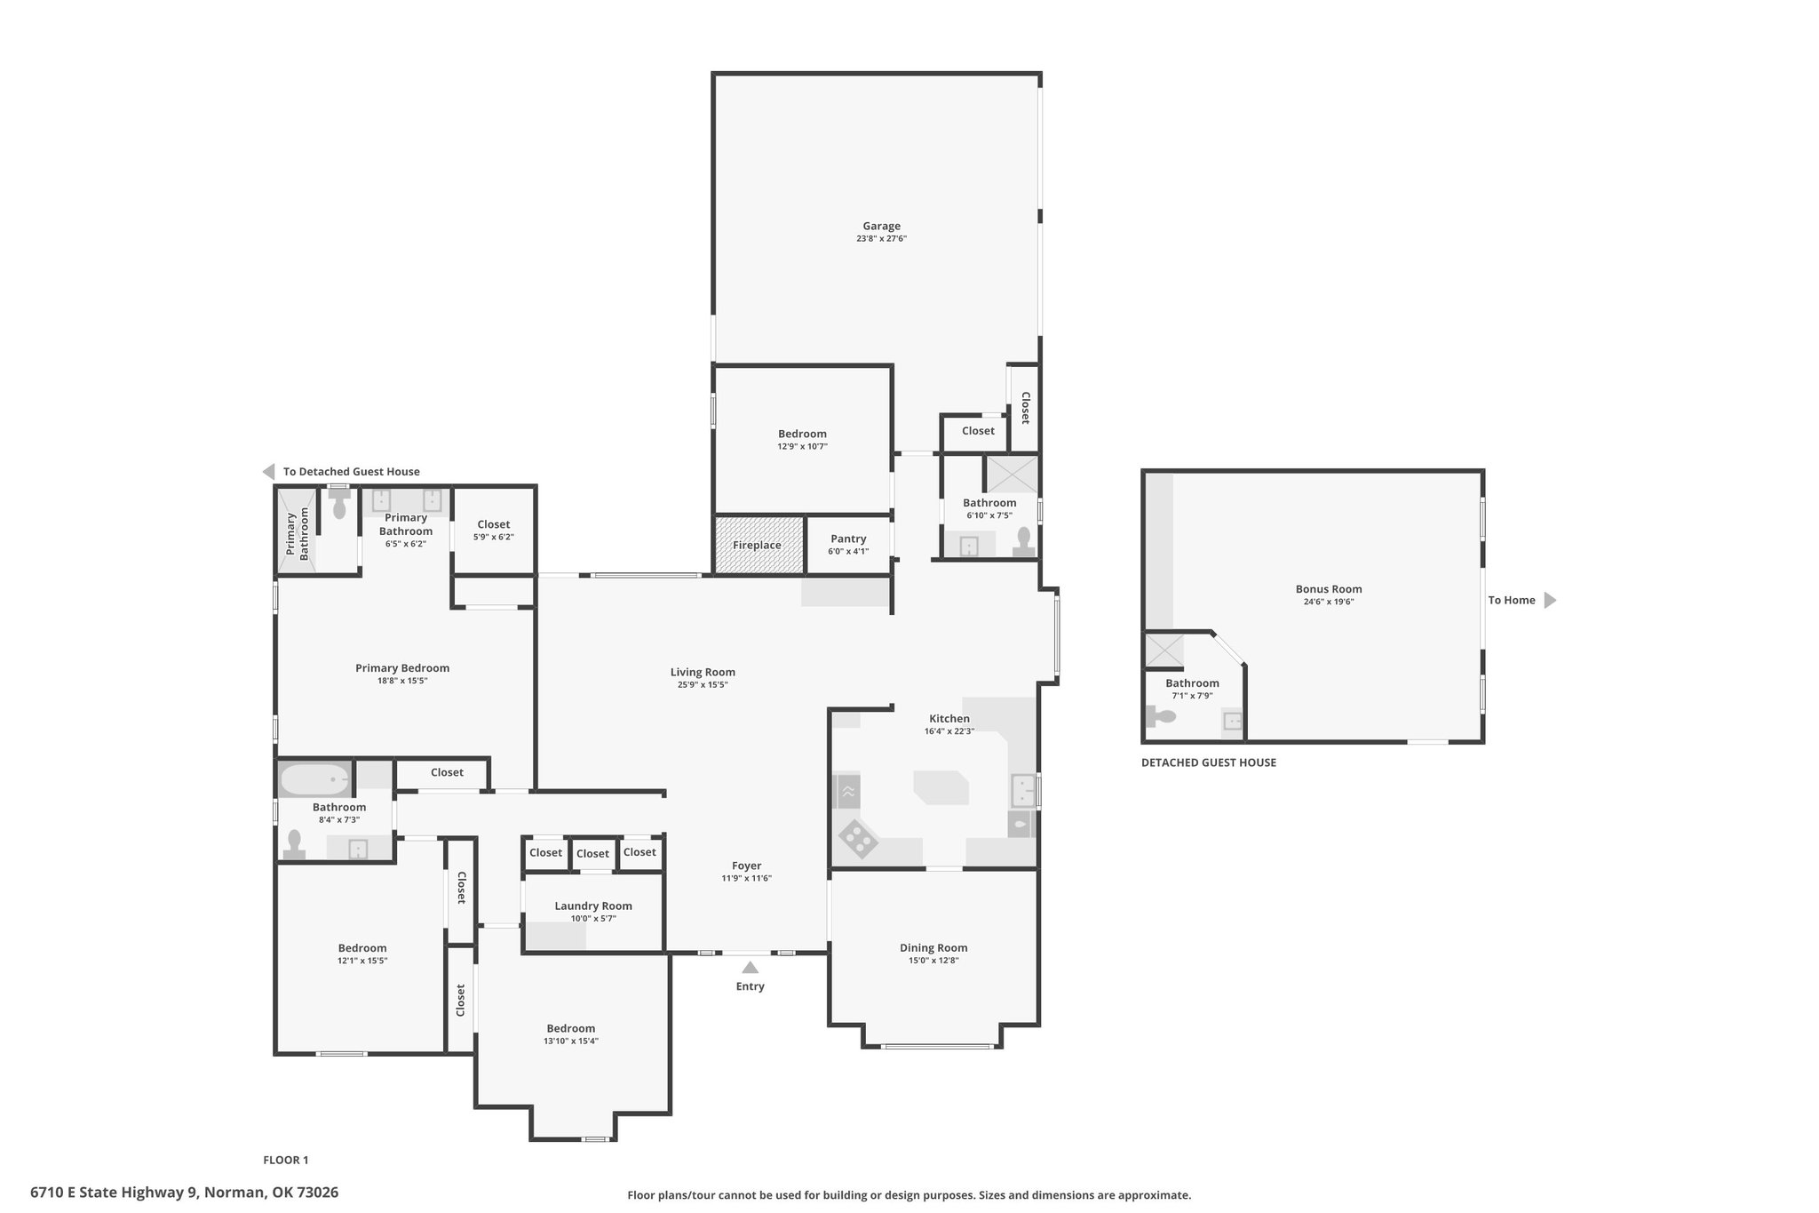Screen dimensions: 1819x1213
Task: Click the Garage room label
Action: click(x=881, y=227)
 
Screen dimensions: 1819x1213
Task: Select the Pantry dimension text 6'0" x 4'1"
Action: click(x=848, y=552)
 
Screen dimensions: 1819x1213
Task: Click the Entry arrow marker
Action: click(x=751, y=968)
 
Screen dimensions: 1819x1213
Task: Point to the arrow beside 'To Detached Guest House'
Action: click(x=268, y=472)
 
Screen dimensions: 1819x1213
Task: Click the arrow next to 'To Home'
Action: click(x=1550, y=601)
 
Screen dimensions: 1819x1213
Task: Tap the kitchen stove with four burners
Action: click(x=858, y=838)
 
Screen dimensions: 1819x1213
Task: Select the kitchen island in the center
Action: click(x=941, y=787)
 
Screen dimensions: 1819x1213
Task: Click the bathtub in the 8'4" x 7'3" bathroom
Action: click(x=314, y=779)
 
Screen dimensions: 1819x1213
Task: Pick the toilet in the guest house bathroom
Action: click(x=1160, y=716)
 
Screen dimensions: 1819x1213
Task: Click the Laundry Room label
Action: click(x=593, y=906)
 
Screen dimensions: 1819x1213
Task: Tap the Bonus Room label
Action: click(x=1329, y=589)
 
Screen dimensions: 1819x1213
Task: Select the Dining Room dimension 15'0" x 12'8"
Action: click(x=933, y=961)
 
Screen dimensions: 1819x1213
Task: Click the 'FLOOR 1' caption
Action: click(x=286, y=1160)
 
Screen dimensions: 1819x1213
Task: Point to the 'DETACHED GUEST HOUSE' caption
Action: click(x=1209, y=762)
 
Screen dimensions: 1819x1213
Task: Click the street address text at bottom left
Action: click(x=184, y=1193)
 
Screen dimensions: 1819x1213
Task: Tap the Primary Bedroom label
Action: click(x=402, y=668)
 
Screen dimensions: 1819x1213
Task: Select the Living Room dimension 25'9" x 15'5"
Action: click(x=703, y=685)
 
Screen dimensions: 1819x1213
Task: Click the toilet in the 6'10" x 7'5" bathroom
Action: click(x=1024, y=541)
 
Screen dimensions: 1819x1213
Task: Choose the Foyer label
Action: click(x=746, y=866)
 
